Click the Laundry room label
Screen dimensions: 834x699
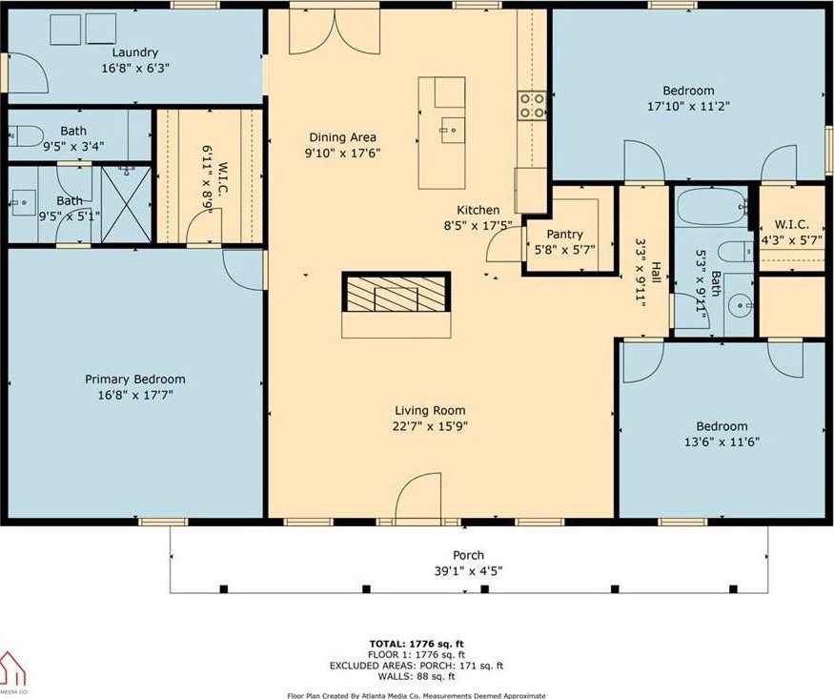pos(135,52)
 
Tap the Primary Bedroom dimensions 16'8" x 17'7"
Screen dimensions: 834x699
pos(135,395)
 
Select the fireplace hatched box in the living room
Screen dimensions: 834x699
pos(397,292)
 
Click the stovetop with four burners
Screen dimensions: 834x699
pos(532,105)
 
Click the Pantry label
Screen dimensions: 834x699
pos(565,234)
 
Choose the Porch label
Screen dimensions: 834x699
pos(469,555)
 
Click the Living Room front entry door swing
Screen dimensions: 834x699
pos(418,495)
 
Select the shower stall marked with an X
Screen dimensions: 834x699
pos(126,205)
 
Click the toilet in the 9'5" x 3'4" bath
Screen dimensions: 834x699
pos(26,136)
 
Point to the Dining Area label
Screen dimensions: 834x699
pos(342,137)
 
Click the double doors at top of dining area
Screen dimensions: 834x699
pos(335,31)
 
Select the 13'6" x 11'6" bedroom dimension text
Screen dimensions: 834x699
pos(722,442)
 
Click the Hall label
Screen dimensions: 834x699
pos(657,273)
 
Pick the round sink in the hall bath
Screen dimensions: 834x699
pos(742,306)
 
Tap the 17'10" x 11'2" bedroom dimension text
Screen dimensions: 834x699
pos(688,106)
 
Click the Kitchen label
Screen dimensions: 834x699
pos(478,210)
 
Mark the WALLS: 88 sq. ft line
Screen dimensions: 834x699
pos(417,677)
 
